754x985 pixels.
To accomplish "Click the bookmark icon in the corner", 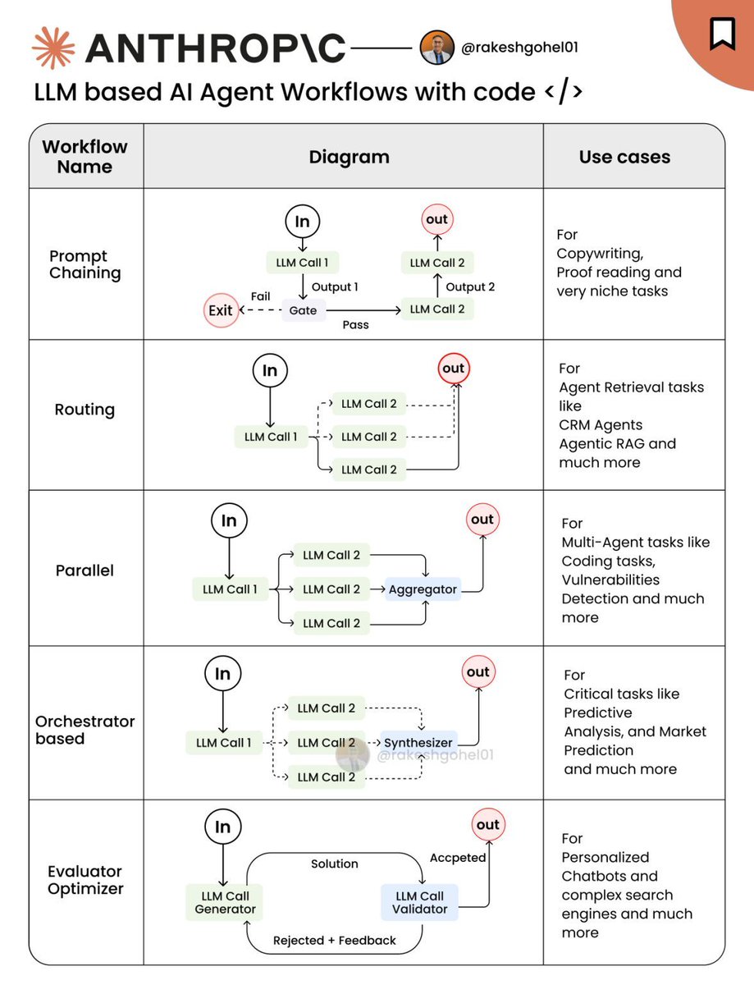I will (722, 33).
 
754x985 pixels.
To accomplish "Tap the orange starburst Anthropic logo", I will (53, 48).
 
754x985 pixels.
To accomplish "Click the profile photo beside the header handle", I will (436, 48).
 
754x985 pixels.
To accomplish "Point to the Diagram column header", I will (349, 157).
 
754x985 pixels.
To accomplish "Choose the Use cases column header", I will (624, 157).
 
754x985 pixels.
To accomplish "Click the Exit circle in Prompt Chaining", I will (221, 310).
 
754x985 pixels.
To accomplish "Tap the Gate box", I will (303, 310).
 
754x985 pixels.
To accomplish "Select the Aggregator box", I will (423, 589).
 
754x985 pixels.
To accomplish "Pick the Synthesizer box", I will (418, 743).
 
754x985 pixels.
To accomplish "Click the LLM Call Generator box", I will (226, 902).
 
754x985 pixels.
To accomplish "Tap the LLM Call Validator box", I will (420, 902).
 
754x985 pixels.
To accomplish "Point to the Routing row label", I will (85, 410).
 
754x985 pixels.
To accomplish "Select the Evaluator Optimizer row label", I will (85, 880).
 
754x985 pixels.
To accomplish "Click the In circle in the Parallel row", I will (229, 521).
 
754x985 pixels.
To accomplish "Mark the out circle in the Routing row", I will (453, 369).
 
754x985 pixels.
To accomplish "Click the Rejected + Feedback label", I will (335, 941).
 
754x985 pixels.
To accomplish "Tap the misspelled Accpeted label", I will (458, 858).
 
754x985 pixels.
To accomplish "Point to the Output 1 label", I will (335, 287).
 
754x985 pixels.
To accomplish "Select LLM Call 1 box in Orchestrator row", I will (224, 743).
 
